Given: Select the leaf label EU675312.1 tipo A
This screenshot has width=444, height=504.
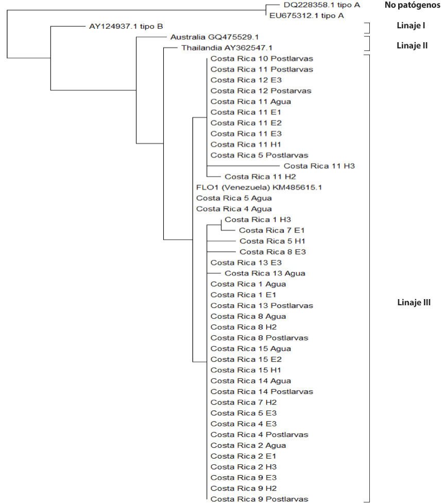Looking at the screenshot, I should [308, 15].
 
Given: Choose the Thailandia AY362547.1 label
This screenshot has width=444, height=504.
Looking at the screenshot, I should [219, 48].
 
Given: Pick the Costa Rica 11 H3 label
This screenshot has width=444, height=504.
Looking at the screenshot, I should [319, 166].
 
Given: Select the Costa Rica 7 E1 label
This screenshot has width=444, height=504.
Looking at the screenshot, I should [272, 230].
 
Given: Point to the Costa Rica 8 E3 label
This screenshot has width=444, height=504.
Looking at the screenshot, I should [272, 252].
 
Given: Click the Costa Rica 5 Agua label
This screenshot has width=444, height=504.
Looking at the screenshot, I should [234, 198].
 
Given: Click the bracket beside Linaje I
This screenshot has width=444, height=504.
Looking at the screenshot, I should [368, 27].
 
